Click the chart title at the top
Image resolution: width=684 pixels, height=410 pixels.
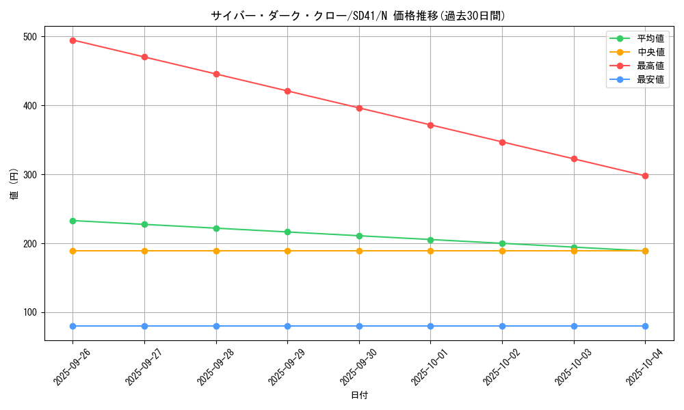358,16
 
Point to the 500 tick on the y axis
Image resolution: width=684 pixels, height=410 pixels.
31,36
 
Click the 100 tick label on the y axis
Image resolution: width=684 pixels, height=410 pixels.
31,312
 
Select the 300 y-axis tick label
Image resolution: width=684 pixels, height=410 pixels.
31,174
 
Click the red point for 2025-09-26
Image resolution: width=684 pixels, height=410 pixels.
73,40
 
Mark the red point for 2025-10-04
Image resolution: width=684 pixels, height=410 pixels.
645,176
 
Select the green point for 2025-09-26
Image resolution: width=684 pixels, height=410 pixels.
73,221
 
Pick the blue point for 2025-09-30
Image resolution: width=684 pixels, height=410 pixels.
359,326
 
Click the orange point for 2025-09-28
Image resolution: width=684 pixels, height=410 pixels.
216,251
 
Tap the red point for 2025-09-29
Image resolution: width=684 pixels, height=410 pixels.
287,91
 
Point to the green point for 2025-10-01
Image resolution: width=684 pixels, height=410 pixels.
430,240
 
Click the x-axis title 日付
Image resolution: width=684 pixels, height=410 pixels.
359,396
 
